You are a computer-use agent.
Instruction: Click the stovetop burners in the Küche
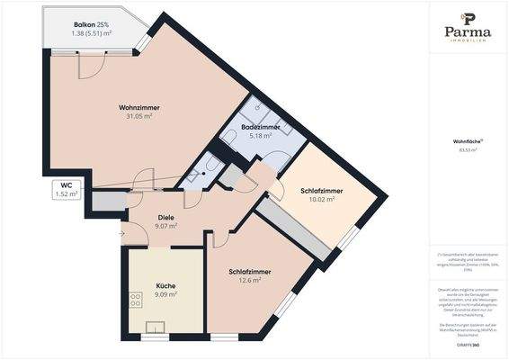click(137, 300)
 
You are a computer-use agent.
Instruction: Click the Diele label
click(165, 217)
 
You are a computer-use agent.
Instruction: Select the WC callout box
click(66, 189)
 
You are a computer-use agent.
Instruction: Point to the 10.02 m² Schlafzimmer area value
click(317, 200)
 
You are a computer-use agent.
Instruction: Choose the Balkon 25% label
click(91, 24)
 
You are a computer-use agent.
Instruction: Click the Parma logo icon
click(468, 17)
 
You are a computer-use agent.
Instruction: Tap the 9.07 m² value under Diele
click(165, 227)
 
